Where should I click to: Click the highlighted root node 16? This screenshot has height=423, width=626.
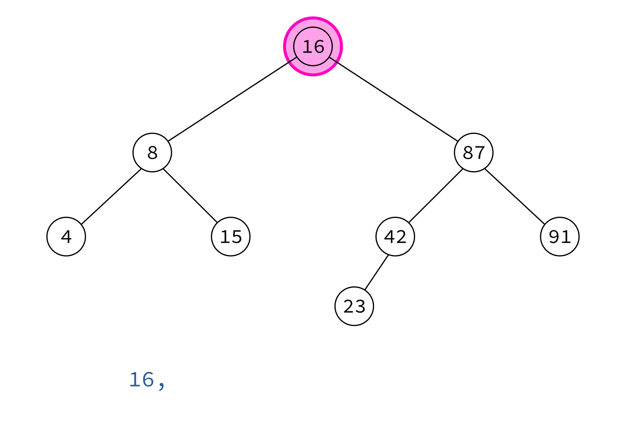pyautogui.click(x=313, y=47)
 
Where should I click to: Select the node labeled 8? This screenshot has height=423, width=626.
pyautogui.click(x=152, y=152)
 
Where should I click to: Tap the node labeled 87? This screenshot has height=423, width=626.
pyautogui.click(x=474, y=152)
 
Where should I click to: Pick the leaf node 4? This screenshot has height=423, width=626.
pyautogui.click(x=66, y=237)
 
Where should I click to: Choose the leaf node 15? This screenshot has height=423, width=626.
pyautogui.click(x=231, y=237)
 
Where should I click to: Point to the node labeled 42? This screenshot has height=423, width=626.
pyautogui.click(x=395, y=237)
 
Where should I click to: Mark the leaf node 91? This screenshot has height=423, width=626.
pyautogui.click(x=560, y=237)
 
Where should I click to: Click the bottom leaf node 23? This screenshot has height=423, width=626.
pyautogui.click(x=354, y=306)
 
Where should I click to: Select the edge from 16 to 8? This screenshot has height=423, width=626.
pyautogui.click(x=232, y=99)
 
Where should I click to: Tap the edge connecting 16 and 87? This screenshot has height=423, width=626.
pyautogui.click(x=394, y=99)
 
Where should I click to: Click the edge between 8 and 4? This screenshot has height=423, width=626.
pyautogui.click(x=111, y=196)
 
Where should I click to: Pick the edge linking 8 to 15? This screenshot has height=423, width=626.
pyautogui.click(x=190, y=195)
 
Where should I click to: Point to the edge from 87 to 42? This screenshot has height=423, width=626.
pyautogui.click(x=436, y=195)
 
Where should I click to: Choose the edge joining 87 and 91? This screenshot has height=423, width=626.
pyautogui.click(x=515, y=196)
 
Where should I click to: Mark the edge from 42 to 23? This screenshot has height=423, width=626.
pyautogui.click(x=376, y=273)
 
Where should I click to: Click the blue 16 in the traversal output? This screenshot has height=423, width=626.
pyautogui.click(x=142, y=380)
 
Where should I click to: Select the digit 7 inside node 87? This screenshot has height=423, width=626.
pyautogui.click(x=480, y=153)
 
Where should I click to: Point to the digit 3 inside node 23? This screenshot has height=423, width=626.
pyautogui.click(x=360, y=307)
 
